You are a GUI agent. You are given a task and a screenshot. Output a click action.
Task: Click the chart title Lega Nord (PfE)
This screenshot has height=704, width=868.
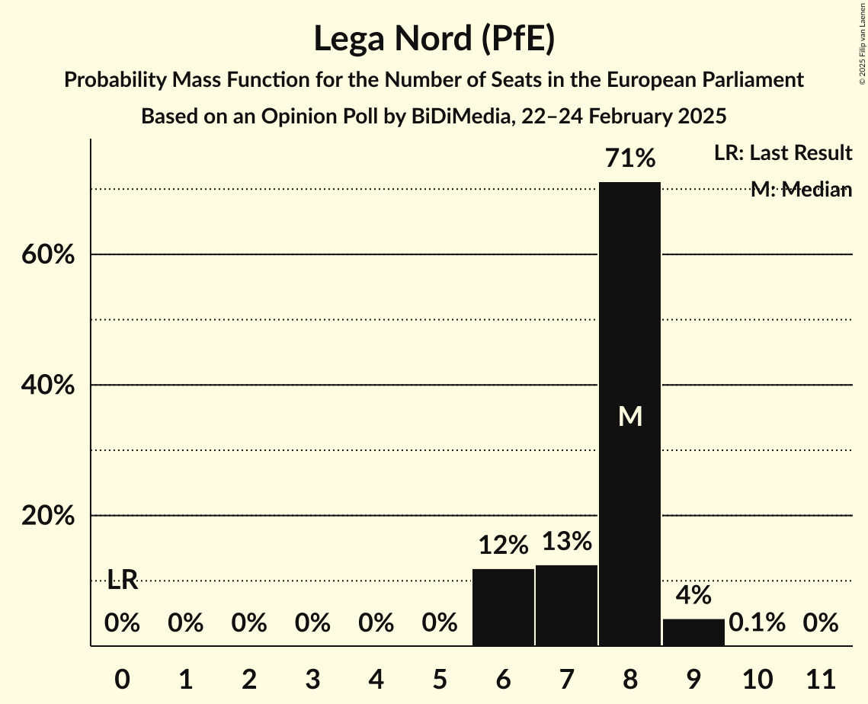tap(434, 39)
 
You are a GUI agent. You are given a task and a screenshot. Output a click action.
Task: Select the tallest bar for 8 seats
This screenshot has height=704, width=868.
tap(629, 414)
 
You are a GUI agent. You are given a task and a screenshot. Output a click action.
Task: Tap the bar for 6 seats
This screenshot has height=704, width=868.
tap(503, 607)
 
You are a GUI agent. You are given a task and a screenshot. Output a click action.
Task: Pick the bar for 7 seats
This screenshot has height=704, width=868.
tap(566, 605)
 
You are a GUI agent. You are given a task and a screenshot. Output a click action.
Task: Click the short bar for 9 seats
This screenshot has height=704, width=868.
tap(693, 632)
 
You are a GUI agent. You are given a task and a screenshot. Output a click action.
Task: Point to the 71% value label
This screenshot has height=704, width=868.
tap(629, 159)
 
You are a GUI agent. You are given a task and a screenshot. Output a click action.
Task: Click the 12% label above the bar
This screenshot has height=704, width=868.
tap(503, 546)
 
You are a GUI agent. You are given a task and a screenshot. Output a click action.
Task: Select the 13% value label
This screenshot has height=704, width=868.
tap(566, 542)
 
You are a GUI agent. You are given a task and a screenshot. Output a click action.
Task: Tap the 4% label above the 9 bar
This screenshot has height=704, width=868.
tap(693, 595)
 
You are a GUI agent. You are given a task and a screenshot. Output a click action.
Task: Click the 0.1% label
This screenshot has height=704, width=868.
tap(757, 623)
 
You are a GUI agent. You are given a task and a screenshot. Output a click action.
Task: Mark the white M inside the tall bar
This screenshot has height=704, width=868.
tap(629, 416)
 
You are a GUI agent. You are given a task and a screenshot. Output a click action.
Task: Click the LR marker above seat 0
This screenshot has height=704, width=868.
tap(122, 581)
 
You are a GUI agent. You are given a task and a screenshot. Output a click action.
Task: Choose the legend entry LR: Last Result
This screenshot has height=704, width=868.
tap(783, 153)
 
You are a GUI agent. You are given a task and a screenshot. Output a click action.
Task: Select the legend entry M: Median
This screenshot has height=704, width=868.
tap(800, 190)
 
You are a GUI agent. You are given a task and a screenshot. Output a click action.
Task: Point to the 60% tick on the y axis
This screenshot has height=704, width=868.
tap(47, 254)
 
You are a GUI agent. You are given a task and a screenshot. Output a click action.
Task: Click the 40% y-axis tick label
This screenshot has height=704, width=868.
tap(47, 386)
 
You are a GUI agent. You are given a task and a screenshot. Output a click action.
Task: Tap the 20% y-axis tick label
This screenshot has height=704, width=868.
tap(47, 516)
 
